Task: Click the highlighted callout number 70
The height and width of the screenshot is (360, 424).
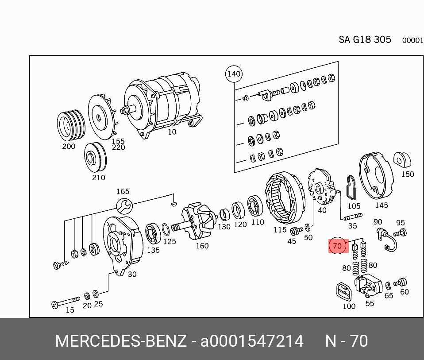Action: click(337, 246)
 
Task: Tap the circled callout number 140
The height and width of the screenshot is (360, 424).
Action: click(234, 74)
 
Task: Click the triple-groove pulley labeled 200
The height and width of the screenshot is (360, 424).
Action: click(71, 126)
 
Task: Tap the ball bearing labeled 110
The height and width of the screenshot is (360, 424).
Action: click(255, 206)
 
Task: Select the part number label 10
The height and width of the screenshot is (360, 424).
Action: click(172, 132)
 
